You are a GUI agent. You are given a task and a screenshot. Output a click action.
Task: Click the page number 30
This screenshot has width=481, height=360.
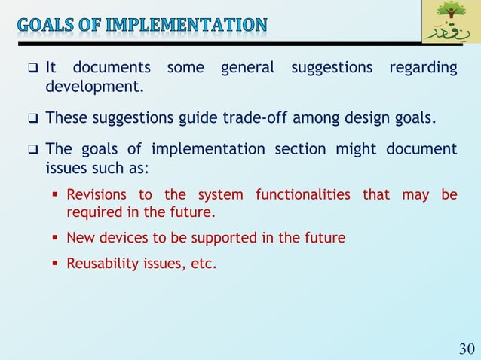point(467,348)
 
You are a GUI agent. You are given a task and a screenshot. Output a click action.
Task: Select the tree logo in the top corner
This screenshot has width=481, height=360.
point(450,23)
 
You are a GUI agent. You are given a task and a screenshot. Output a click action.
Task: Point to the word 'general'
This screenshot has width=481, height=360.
point(247,69)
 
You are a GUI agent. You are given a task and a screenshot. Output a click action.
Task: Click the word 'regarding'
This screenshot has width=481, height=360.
point(423,69)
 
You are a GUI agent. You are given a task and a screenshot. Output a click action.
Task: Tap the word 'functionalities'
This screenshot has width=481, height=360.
point(303,195)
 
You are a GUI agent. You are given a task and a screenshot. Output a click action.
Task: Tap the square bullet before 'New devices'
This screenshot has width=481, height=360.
point(57,238)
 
